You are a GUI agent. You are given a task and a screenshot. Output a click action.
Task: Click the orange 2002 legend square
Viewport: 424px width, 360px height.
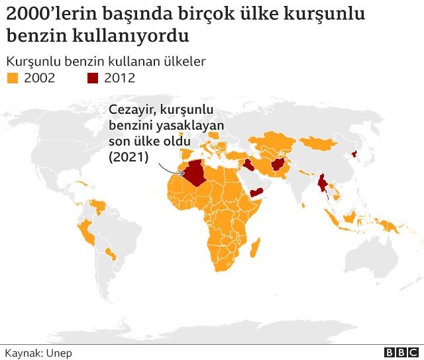click(x=12, y=78)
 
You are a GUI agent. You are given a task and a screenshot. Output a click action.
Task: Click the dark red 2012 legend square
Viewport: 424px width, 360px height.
click(x=93, y=78)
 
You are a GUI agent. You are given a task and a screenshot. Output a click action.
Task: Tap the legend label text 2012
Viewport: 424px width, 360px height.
click(x=119, y=78)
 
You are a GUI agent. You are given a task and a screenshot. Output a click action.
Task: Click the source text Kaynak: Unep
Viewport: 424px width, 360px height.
click(x=38, y=353)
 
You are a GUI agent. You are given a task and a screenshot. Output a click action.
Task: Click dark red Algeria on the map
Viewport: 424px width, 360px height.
click(x=197, y=173)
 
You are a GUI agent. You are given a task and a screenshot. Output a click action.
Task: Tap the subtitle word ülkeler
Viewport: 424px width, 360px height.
click(x=185, y=62)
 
